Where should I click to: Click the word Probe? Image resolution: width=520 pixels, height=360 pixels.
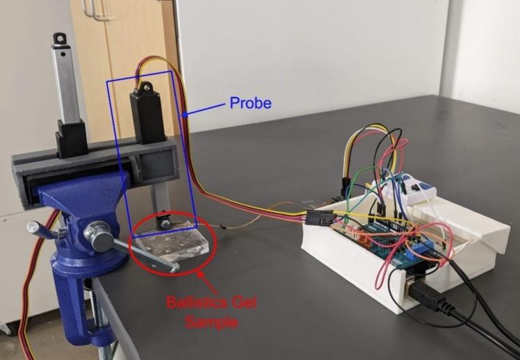250,104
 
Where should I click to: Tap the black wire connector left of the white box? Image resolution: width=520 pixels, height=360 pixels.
318,218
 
